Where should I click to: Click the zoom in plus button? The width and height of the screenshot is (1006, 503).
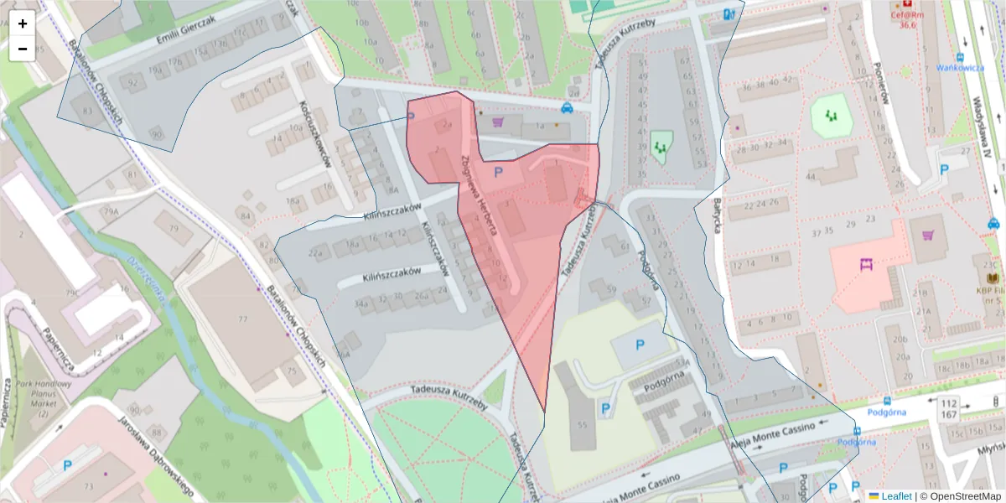tap(23, 23)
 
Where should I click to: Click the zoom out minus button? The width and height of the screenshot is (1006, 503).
tap(23, 49)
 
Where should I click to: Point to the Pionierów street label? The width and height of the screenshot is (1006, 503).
tap(880, 85)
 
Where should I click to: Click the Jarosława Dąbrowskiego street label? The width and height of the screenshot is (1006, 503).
tap(156, 457)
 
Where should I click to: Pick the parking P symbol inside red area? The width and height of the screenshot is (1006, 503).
tap(499, 172)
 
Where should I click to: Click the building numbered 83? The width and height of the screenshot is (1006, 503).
tap(81, 111)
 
